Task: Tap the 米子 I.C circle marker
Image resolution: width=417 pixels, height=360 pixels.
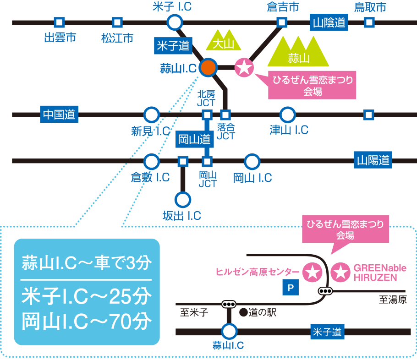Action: [x=175, y=22]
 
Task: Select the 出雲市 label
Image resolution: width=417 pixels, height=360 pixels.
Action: [x=60, y=38]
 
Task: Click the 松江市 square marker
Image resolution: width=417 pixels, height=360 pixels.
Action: [x=117, y=22]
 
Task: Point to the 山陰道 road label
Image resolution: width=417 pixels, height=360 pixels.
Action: [x=329, y=22]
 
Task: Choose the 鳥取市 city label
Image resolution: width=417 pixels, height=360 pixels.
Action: [x=370, y=7]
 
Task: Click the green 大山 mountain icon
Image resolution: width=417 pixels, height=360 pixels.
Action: [x=223, y=41]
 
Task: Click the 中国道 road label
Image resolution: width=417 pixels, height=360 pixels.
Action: [x=59, y=114]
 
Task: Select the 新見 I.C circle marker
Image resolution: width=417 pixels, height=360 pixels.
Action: [x=151, y=115]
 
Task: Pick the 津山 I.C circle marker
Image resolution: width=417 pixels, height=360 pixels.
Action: [x=287, y=115]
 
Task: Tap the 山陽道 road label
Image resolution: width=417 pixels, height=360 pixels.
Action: [x=373, y=160]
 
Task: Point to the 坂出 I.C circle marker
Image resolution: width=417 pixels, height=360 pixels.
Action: [x=182, y=200]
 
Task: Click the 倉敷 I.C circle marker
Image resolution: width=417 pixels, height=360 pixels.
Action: [x=151, y=161]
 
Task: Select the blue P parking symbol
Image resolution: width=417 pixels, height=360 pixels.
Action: [x=290, y=288]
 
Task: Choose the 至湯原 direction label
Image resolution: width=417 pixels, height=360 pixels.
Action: [x=392, y=300]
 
